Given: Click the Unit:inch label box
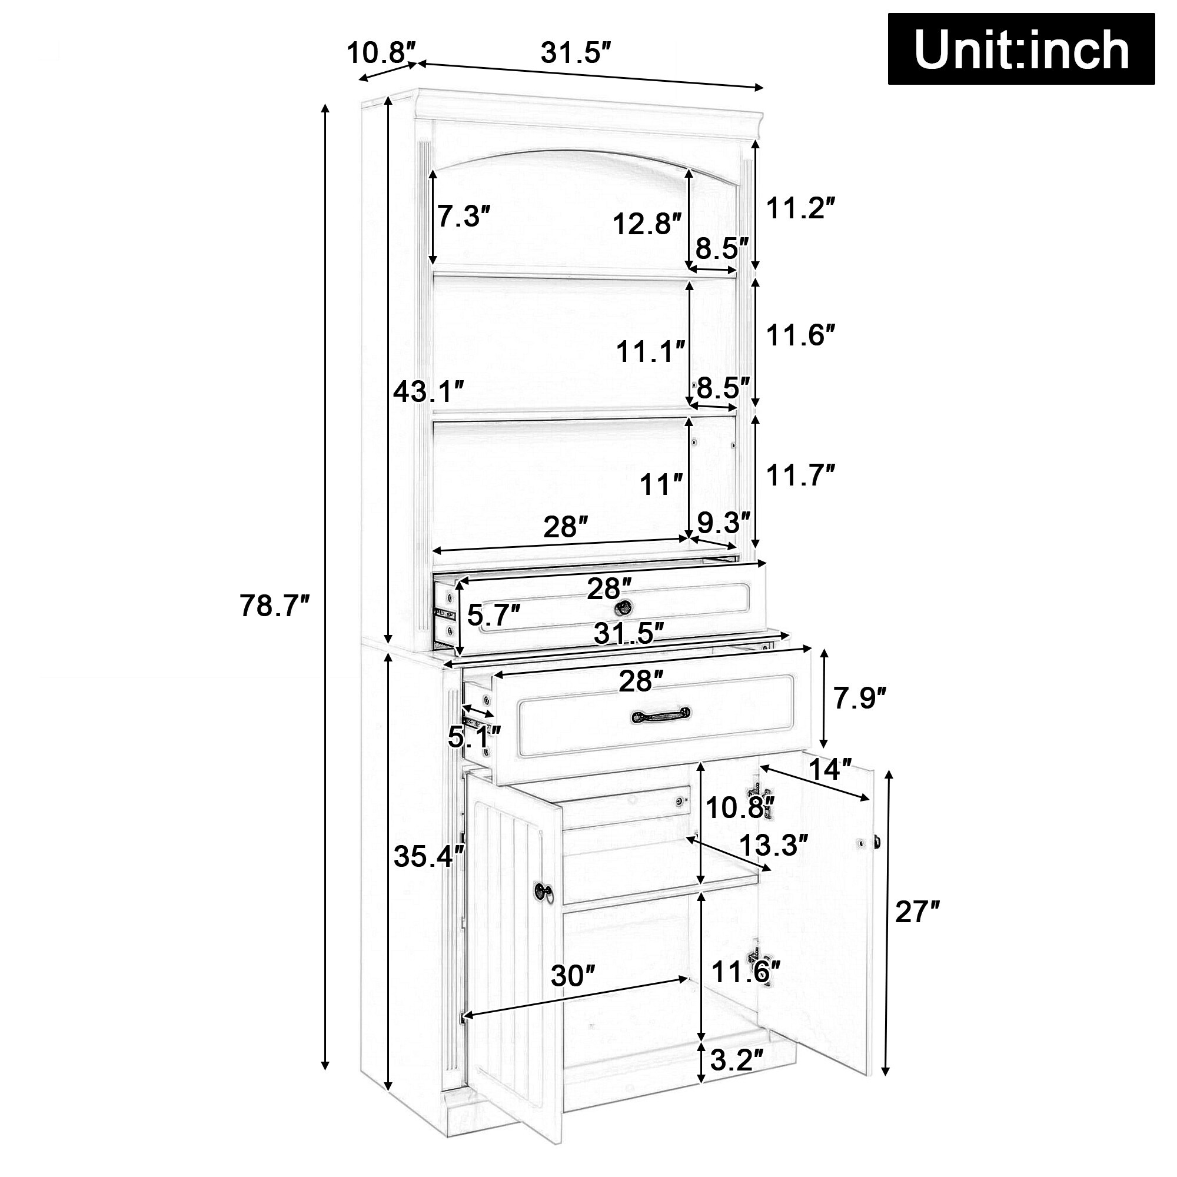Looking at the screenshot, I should [1020, 49].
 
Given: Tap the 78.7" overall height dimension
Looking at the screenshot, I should [275, 606].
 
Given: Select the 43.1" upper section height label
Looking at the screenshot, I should [429, 391].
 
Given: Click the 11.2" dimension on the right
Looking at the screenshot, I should [799, 208].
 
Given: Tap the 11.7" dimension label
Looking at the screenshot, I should [799, 475].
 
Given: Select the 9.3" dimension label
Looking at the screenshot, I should [724, 522].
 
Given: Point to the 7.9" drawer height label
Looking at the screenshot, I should [859, 698].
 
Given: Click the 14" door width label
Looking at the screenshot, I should [829, 770].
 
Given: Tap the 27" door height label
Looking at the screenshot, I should [917, 930].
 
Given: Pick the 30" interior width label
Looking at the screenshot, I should [573, 976].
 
